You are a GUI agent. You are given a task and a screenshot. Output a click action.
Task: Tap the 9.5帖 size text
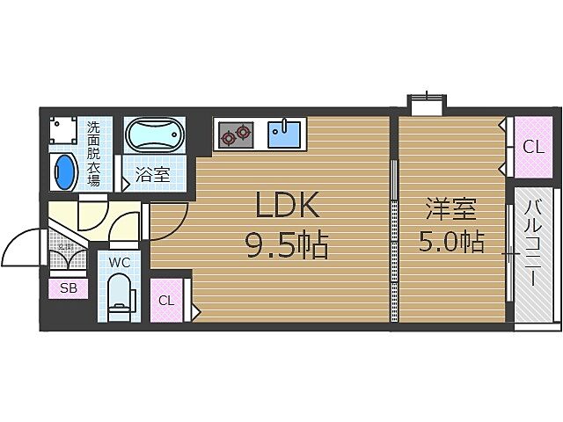point(286,245)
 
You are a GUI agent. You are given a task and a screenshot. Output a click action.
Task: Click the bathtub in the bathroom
point(157,137)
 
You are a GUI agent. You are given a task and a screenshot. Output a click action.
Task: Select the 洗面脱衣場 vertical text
point(93,154)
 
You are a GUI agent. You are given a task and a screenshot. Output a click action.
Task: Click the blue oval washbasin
point(64,171)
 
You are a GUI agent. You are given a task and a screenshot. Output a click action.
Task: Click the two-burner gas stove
point(235,135)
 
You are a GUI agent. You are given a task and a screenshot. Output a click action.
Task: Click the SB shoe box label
point(68,287)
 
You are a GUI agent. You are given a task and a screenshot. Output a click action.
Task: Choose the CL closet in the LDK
point(166,300)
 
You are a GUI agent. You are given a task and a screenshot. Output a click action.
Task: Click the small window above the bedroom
point(427,104)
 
